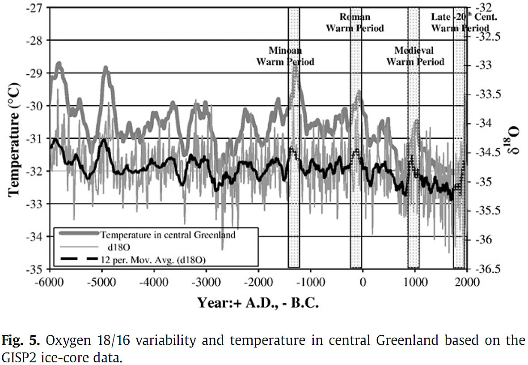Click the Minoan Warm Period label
coord(285,56)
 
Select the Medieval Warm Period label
coord(415,56)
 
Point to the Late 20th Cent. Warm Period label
coord(460,22)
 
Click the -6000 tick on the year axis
coord(50,283)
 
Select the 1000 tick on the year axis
coord(415,283)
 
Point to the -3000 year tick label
coord(206,283)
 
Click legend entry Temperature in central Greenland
coord(168,234)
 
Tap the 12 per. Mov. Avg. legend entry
coord(153,259)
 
